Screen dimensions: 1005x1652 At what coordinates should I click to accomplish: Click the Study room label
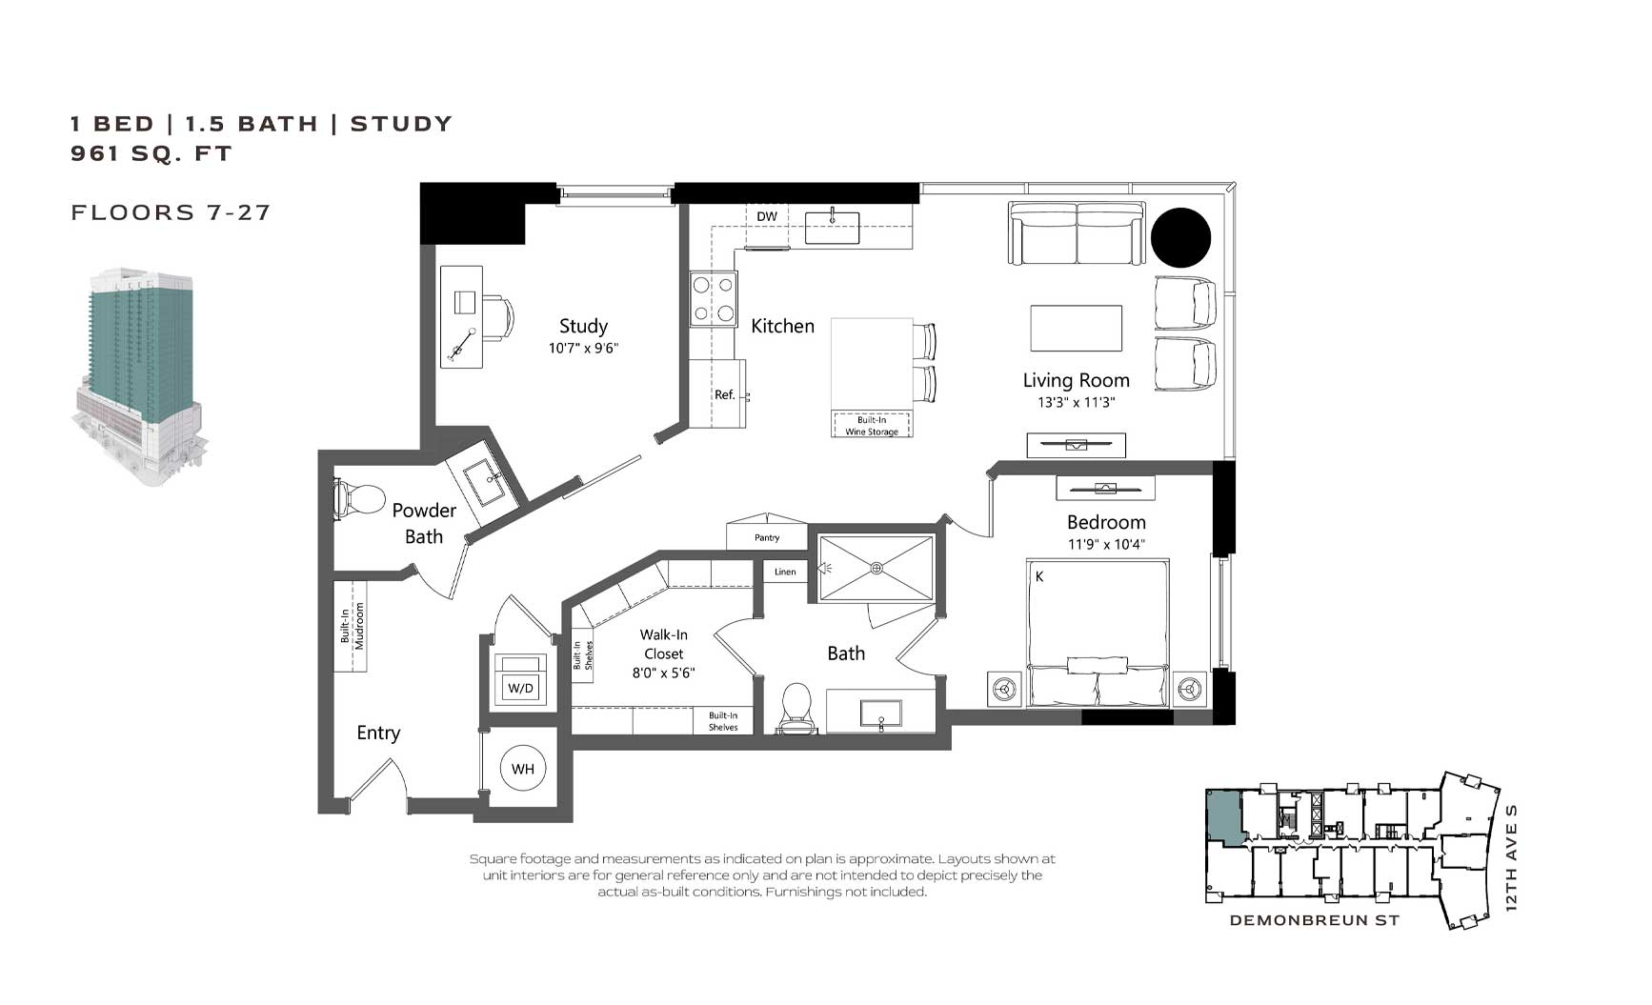click(583, 327)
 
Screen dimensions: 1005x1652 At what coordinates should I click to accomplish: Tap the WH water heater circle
click(522, 769)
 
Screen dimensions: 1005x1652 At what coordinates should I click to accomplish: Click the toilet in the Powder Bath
click(356, 498)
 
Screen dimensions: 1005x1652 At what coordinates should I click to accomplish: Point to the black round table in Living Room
click(1180, 237)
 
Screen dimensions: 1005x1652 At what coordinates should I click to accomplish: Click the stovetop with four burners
click(714, 298)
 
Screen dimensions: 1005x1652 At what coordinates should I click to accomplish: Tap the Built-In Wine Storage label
click(872, 426)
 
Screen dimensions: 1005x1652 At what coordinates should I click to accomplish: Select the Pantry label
click(767, 538)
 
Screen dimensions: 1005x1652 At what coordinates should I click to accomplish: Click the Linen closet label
click(785, 573)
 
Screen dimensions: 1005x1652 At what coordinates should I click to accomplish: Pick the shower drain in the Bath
click(876, 568)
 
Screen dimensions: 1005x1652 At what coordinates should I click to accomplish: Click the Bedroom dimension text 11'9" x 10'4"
click(1106, 545)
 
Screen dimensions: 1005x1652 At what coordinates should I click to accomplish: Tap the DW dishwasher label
click(767, 216)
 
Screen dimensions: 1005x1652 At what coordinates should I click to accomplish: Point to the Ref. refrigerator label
click(725, 394)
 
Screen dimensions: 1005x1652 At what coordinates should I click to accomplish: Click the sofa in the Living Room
click(1077, 233)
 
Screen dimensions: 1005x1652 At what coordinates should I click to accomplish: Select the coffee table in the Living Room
click(1076, 328)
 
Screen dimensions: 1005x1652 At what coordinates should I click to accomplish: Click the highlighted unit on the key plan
click(1223, 817)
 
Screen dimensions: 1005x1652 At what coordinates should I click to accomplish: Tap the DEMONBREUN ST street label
click(1314, 920)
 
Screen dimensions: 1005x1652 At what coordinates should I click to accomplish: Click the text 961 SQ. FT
click(151, 153)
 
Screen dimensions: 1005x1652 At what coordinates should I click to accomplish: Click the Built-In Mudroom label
click(352, 626)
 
